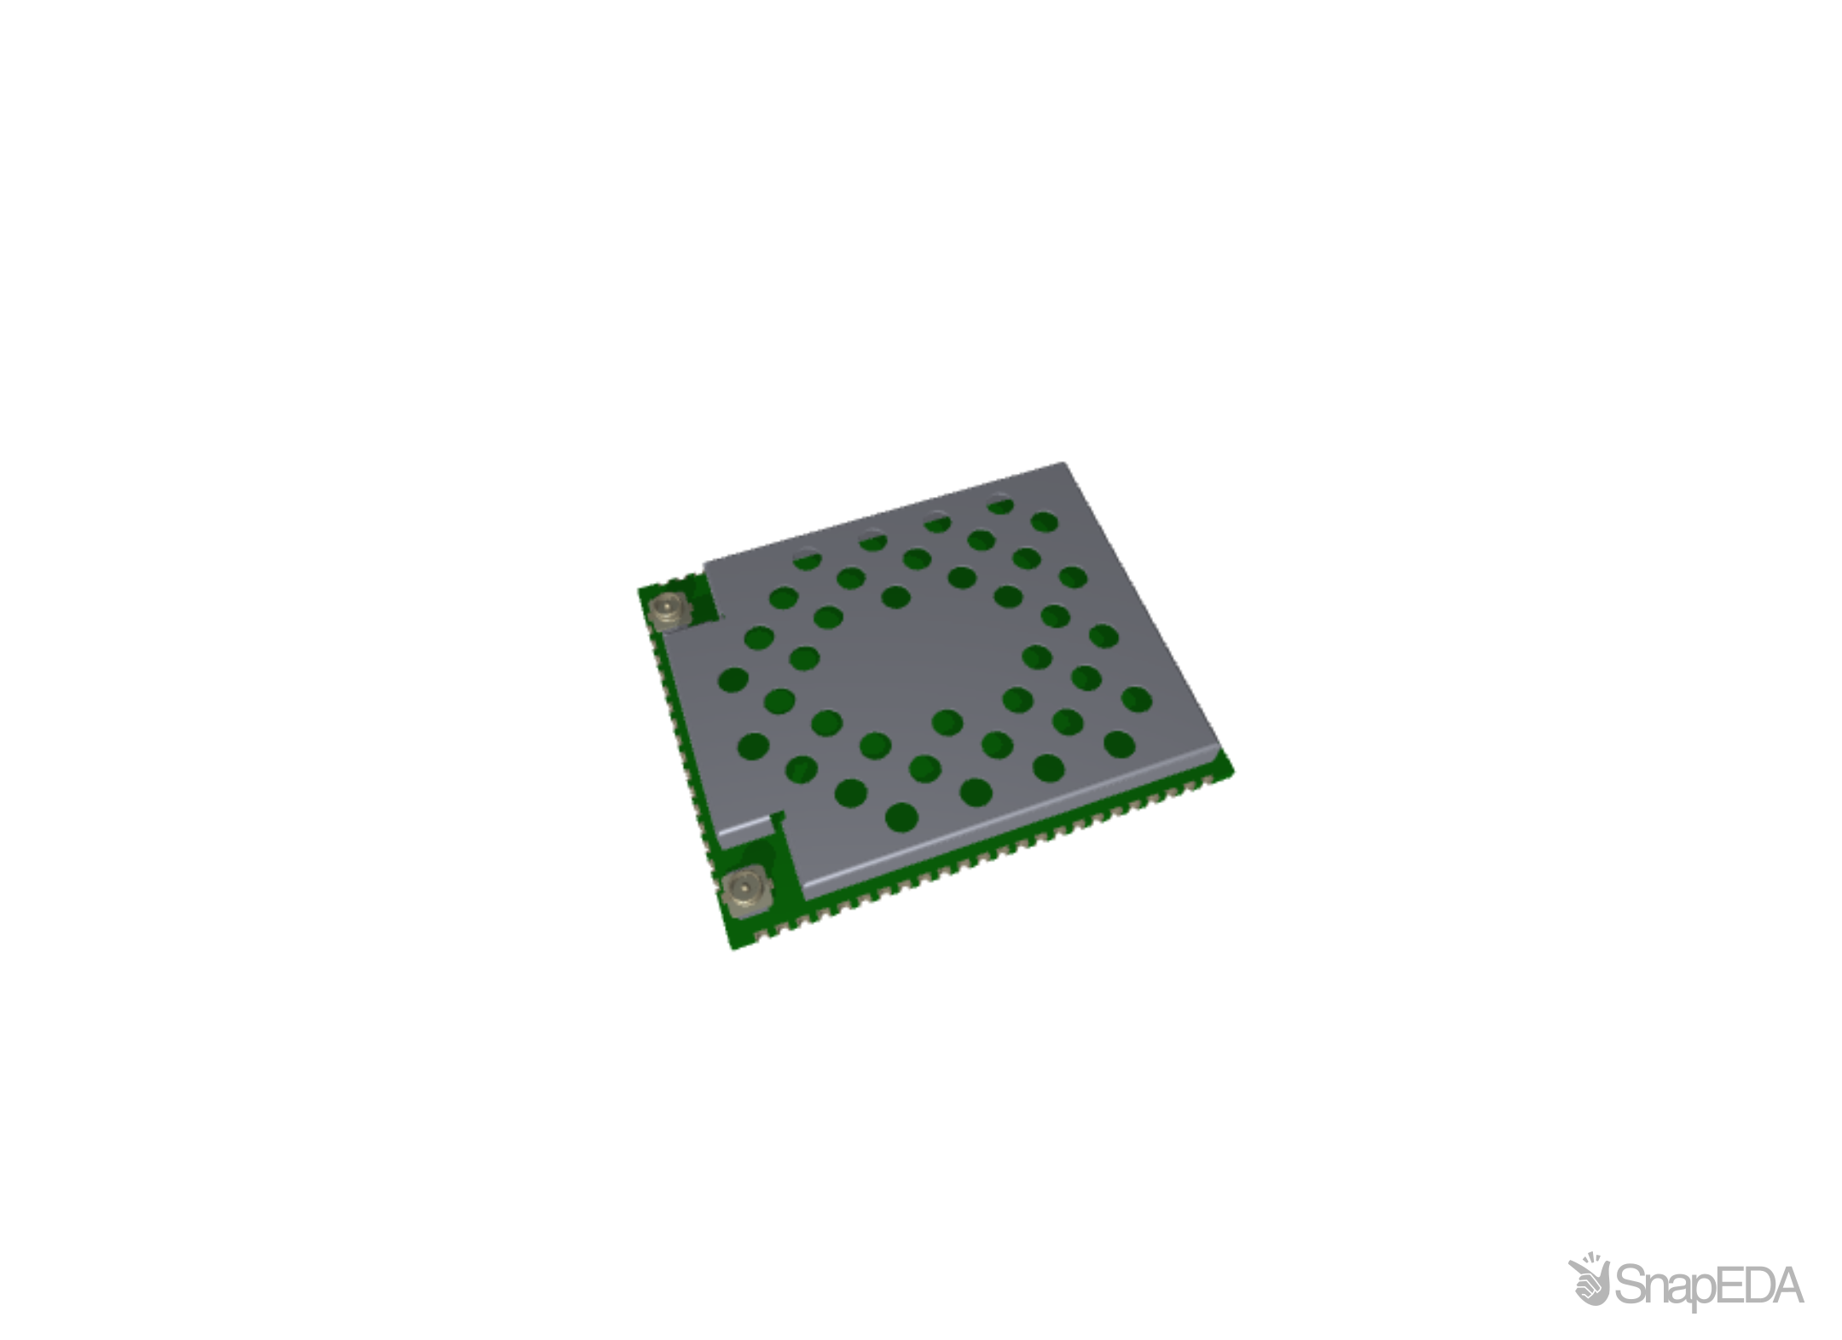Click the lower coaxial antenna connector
click(x=744, y=890)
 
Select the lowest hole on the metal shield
click(x=902, y=817)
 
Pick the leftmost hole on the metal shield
click(x=733, y=679)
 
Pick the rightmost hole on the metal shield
click(x=1137, y=700)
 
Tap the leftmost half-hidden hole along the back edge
click(x=807, y=560)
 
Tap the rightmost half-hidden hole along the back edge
click(x=1000, y=505)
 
